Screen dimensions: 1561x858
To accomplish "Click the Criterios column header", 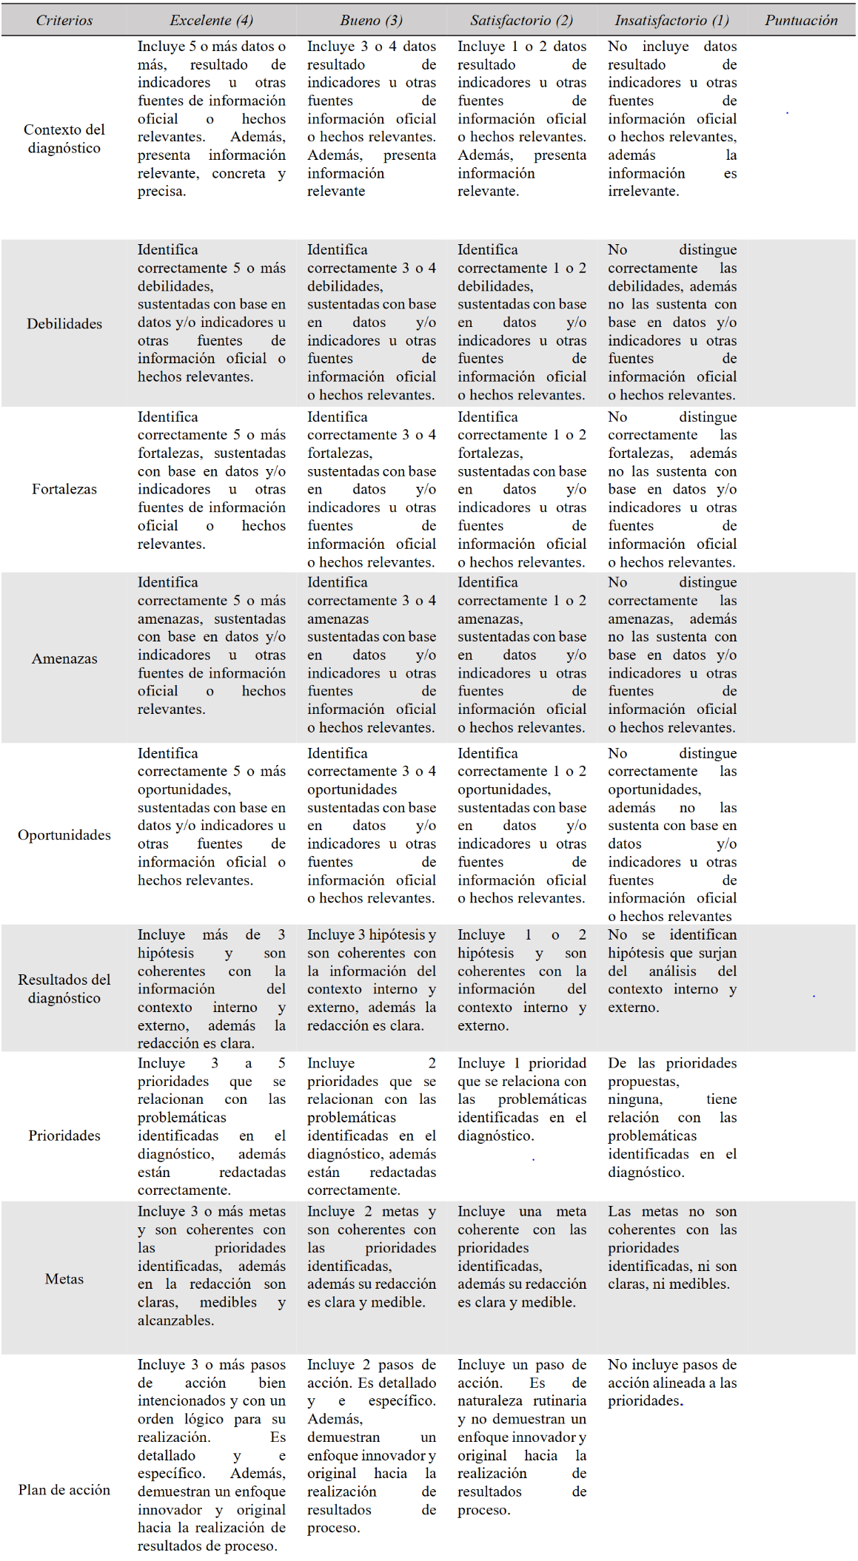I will point(64,20).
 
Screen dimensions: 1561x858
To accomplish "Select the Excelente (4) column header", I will point(211,20).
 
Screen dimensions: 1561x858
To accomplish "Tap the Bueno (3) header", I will point(371,20).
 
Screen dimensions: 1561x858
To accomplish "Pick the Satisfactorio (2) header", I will point(521,20).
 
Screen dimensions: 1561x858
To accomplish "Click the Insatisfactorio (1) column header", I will point(671,20).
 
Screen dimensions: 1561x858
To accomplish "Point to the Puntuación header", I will point(801,20).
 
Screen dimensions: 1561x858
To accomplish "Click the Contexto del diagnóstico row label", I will point(64,138).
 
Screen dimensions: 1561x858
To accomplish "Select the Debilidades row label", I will point(64,323).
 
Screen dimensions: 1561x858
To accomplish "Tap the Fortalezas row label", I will point(64,489).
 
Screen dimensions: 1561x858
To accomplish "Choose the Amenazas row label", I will point(64,658).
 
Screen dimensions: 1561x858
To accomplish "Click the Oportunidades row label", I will point(64,835).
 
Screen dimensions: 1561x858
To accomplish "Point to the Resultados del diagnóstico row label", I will point(64,988).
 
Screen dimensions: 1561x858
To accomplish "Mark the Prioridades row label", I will point(64,1136).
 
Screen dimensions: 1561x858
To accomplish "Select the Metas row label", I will point(64,1278).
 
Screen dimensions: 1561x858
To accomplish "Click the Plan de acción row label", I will point(64,1490).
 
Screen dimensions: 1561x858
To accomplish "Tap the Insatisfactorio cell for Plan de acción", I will point(671,1382).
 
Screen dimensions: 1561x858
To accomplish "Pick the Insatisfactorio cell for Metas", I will point(671,1247).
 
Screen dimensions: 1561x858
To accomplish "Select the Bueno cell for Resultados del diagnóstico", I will point(371,980).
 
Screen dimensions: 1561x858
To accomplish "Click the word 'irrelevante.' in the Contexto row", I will point(643,191).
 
